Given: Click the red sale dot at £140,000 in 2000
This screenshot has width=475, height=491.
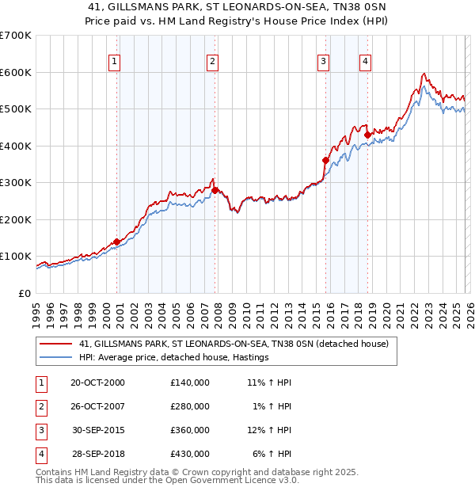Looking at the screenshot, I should pos(117,242).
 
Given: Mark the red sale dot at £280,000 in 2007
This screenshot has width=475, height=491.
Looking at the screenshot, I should pos(215,190).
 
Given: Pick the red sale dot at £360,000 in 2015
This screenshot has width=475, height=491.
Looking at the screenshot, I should pos(326,160).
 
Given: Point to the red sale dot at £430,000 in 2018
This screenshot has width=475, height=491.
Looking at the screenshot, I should pos(367,135).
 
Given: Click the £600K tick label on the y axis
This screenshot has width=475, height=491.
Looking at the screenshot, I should pos(17,72).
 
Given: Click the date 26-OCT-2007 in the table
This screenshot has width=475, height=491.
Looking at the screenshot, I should pos(97,406).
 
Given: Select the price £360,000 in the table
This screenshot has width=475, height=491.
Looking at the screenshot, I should pos(190,431).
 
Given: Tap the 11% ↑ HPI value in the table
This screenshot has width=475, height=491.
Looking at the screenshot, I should pos(270,383).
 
